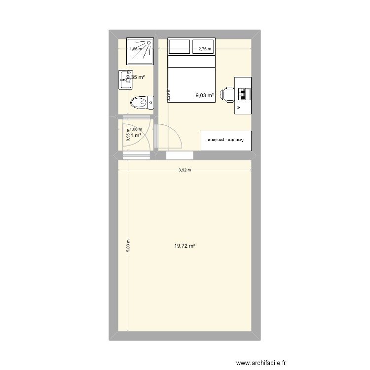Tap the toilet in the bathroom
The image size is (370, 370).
coord(142,103)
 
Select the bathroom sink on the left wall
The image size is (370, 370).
coord(124,80)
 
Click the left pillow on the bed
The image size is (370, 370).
coord(180,47)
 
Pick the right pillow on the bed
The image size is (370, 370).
coord(204,47)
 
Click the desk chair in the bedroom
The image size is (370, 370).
coord(227,94)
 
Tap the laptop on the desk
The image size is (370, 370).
coord(244,94)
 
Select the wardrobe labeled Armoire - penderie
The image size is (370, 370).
coord(226,140)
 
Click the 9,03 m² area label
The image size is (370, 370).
coord(204,96)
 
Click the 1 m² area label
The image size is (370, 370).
coord(136,136)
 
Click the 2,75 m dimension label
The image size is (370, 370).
coord(204,49)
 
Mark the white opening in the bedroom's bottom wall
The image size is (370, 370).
coord(180,155)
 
